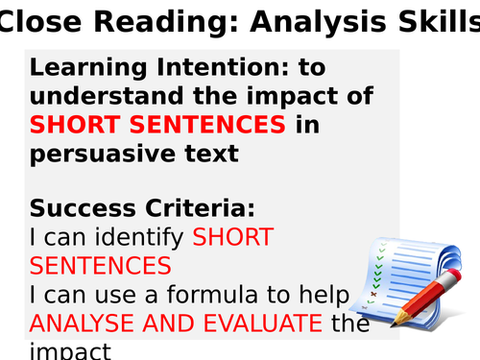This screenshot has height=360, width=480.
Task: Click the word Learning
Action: (x=82, y=69)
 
